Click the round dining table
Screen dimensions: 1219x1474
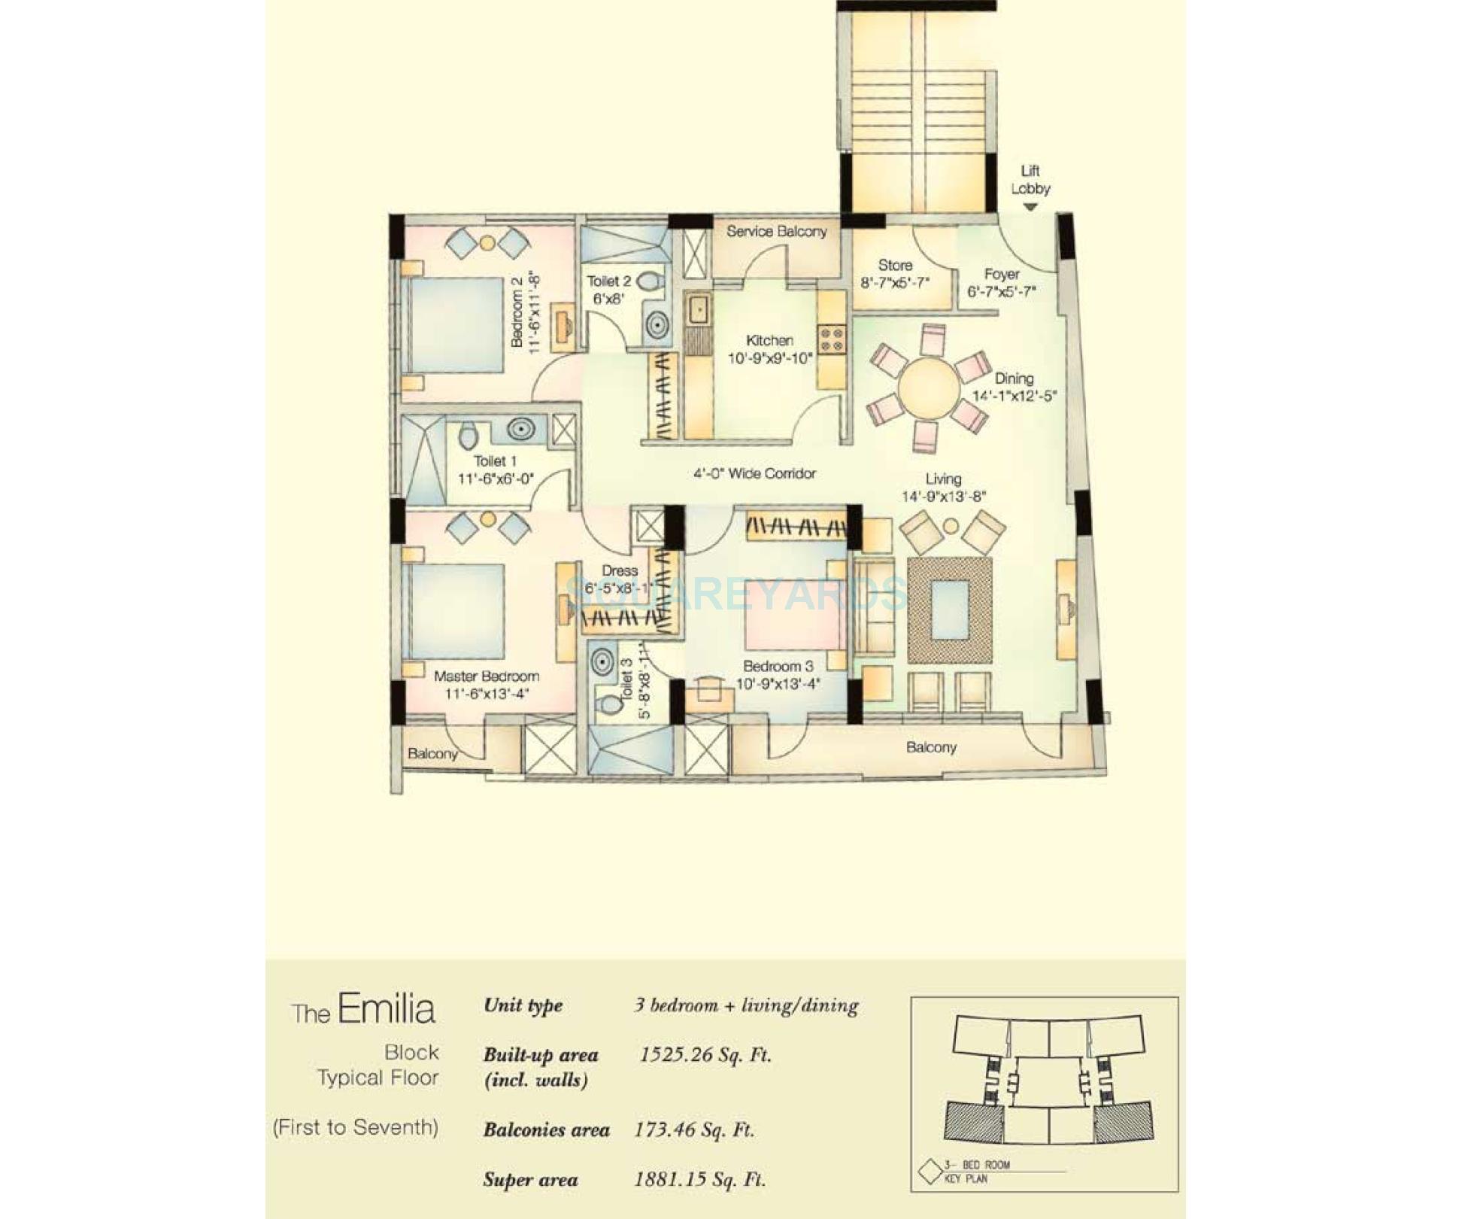(929, 388)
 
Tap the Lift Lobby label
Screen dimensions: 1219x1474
(1030, 180)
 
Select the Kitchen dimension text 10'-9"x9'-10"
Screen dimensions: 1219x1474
(770, 358)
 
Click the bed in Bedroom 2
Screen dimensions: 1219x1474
(456, 325)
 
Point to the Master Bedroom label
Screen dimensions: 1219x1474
(486, 676)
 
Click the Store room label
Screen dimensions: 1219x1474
(895, 265)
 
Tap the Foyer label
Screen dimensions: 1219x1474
(1002, 274)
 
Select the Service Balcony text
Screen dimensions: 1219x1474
(776, 231)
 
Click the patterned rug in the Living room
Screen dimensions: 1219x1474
(949, 609)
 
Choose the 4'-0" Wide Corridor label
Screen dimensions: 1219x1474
(754, 473)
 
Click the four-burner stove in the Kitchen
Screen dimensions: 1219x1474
(832, 339)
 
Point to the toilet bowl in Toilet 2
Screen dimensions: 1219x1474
(649, 282)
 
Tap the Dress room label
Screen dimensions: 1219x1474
(620, 570)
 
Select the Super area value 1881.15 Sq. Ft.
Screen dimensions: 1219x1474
(699, 1179)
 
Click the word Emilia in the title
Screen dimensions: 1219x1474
(386, 1008)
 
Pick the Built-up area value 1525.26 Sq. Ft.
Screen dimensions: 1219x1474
(705, 1054)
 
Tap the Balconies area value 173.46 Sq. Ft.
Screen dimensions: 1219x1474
(693, 1129)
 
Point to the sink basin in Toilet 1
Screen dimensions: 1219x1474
(520, 429)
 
